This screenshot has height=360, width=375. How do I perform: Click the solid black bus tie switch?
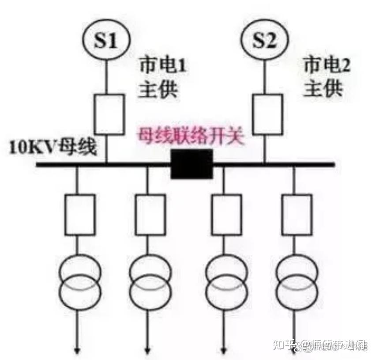pyautogui.click(x=192, y=164)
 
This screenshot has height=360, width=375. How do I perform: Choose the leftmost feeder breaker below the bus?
pyautogui.click(x=79, y=214)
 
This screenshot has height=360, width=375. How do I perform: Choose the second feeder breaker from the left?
pyautogui.click(x=150, y=214)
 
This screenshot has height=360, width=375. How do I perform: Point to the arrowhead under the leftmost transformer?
pyautogui.click(x=78, y=350)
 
